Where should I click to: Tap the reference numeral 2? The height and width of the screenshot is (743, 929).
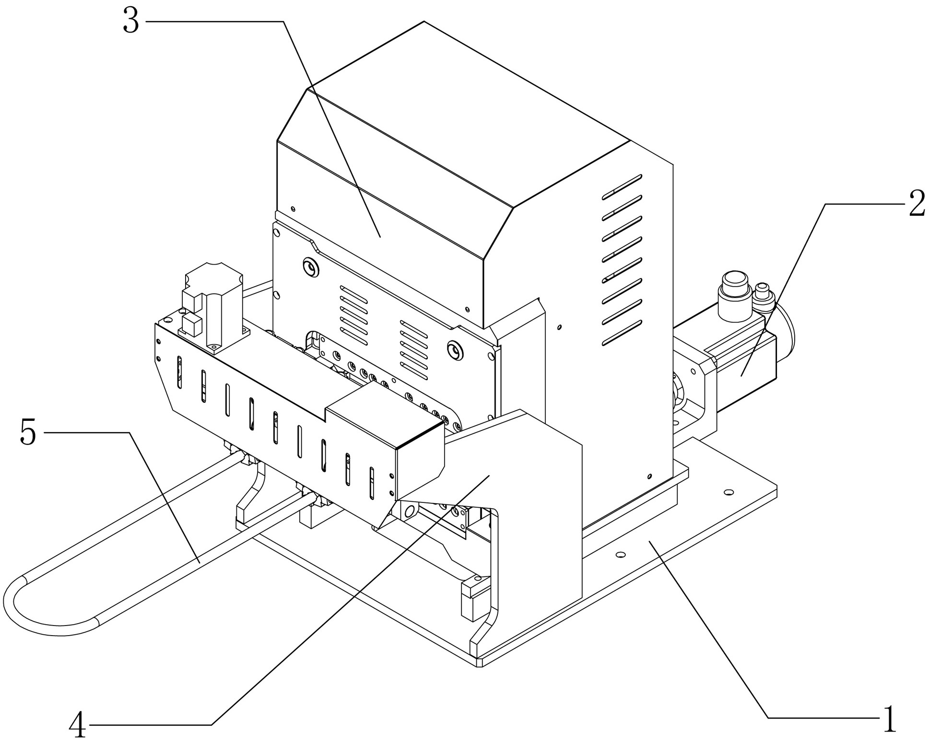(917, 204)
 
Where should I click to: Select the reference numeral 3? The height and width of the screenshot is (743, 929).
(131, 22)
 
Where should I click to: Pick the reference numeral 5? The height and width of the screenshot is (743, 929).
(28, 432)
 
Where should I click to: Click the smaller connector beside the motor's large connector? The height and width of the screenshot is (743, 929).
(763, 294)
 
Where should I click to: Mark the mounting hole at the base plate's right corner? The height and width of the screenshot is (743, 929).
(729, 492)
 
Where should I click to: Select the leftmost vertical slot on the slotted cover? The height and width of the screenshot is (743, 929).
(179, 372)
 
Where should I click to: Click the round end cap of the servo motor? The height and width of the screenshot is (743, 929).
(787, 331)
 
